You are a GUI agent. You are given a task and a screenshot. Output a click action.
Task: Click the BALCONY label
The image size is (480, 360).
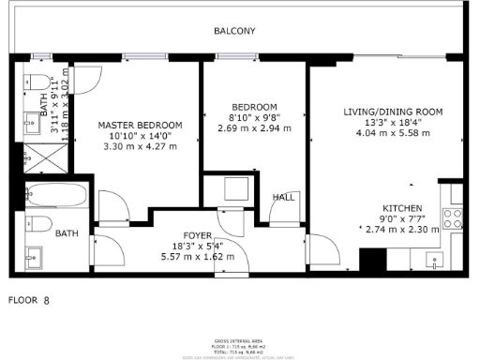tap(233, 31)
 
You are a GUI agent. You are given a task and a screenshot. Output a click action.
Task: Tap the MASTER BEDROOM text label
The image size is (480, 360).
tap(141, 125)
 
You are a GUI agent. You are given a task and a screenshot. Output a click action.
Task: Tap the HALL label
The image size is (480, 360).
tap(282, 198)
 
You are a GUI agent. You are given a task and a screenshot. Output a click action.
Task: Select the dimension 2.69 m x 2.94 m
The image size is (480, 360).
tap(250, 127)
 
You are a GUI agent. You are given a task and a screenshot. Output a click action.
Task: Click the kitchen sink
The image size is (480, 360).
tap(434, 259)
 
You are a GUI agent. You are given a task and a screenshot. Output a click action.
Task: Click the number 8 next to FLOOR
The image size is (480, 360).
tap(46, 302)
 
